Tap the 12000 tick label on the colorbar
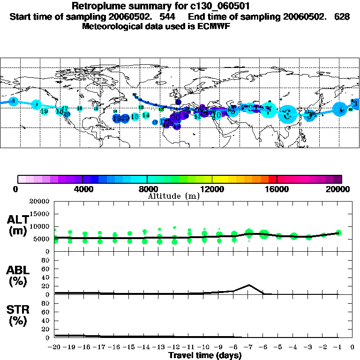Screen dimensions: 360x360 pyautogui.click(x=212, y=189)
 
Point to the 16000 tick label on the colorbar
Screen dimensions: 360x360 pyautogui.click(x=277, y=189)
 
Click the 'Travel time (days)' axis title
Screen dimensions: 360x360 pyautogui.click(x=205, y=356)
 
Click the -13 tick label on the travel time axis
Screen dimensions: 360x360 pyautogui.click(x=159, y=347)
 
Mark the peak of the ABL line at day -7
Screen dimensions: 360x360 pyautogui.click(x=249, y=285)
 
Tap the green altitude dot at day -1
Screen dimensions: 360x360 pyautogui.click(x=338, y=232)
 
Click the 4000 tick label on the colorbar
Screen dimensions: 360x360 pyautogui.click(x=82, y=189)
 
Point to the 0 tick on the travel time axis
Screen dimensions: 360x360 pyautogui.click(x=353, y=347)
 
